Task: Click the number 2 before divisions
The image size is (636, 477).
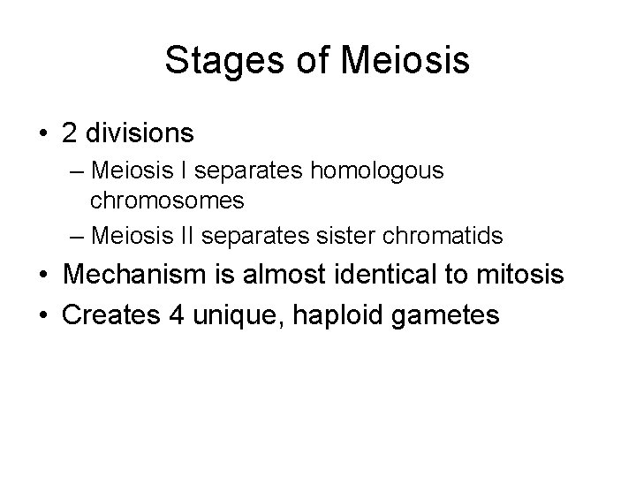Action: point(69,132)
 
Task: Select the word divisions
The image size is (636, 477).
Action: point(140,132)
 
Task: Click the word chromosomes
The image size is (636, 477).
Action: point(167,201)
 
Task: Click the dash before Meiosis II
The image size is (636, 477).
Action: point(75,237)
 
